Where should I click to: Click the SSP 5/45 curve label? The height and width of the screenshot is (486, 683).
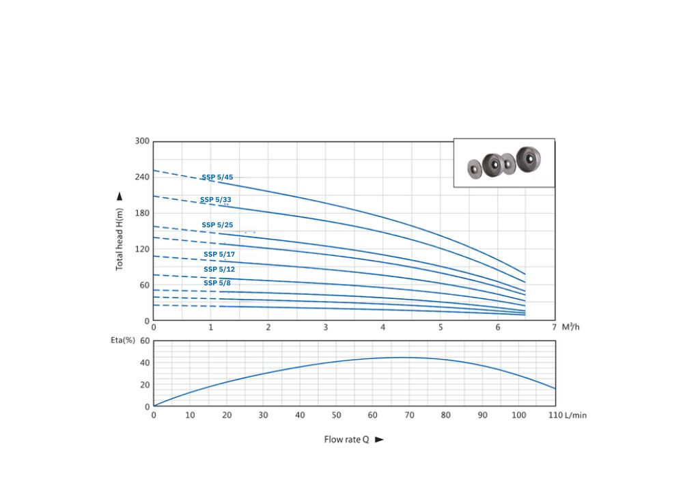point(217,177)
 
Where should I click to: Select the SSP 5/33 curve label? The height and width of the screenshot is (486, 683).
point(215,200)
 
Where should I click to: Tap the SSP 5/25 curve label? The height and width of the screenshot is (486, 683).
point(217,225)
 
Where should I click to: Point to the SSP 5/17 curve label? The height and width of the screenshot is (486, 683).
point(219,254)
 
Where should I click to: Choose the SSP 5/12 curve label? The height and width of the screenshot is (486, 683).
point(219,269)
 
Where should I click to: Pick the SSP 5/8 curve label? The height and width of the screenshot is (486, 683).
point(217,283)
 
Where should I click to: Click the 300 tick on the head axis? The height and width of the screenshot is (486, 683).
point(141,141)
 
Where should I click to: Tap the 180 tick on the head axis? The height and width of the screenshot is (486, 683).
point(141,213)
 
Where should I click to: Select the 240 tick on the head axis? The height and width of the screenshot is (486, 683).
point(141,177)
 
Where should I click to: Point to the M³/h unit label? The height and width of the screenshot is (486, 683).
point(570,328)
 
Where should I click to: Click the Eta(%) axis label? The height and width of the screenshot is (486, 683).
point(124,340)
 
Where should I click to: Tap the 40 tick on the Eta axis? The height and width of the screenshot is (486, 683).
point(144,362)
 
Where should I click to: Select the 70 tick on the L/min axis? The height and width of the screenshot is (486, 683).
point(409,415)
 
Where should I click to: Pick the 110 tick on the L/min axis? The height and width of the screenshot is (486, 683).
point(555,415)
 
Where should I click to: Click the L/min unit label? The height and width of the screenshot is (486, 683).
point(575,415)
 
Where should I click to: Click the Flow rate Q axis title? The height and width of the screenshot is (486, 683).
point(346,440)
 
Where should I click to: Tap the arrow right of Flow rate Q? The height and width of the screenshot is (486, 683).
point(380,440)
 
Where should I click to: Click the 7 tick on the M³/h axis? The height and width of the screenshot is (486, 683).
point(555,328)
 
